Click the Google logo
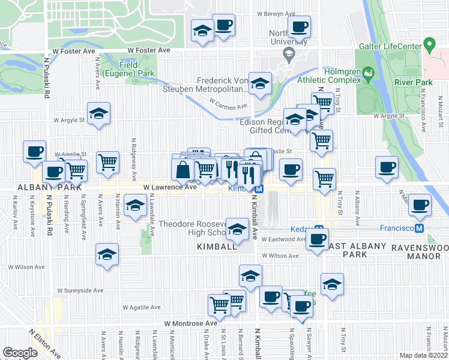(x=20, y=353)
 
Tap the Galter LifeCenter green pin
(x=429, y=45)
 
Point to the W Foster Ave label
(x=74, y=52)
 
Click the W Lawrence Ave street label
(x=170, y=187)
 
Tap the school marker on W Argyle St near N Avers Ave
(x=98, y=113)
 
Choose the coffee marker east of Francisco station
(x=419, y=205)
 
